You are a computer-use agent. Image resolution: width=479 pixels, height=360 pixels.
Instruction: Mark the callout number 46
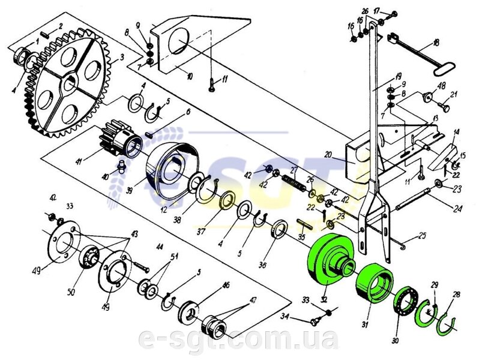click(x=226, y=285)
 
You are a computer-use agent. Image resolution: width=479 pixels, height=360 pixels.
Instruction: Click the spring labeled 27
click(x=297, y=181)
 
